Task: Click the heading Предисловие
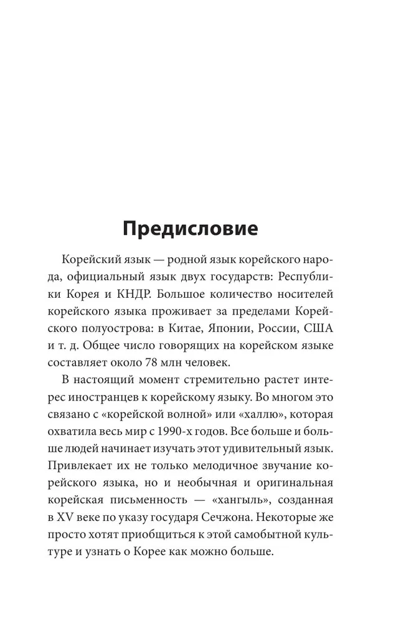[x=190, y=228]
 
